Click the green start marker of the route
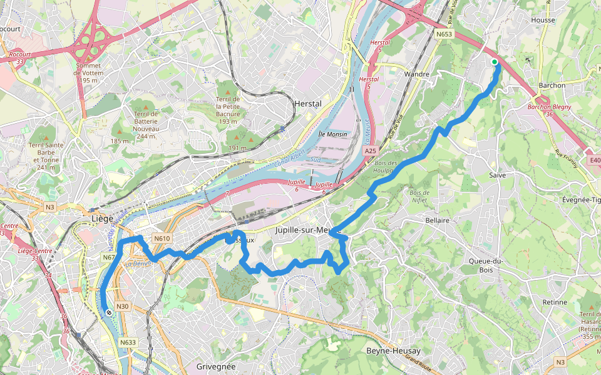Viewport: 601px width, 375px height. (x=495, y=62)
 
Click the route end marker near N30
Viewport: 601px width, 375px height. (x=109, y=312)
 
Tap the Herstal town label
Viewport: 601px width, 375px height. (x=307, y=104)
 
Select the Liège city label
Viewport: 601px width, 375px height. (x=102, y=219)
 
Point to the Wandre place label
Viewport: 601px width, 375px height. (x=417, y=74)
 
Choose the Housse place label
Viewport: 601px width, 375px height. (x=543, y=20)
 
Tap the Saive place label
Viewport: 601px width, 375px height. (x=497, y=176)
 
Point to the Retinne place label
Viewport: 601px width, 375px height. (x=555, y=302)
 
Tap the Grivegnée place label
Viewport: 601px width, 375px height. (x=215, y=366)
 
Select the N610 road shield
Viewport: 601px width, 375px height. (x=162, y=238)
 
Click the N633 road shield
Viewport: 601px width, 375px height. (x=128, y=342)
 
